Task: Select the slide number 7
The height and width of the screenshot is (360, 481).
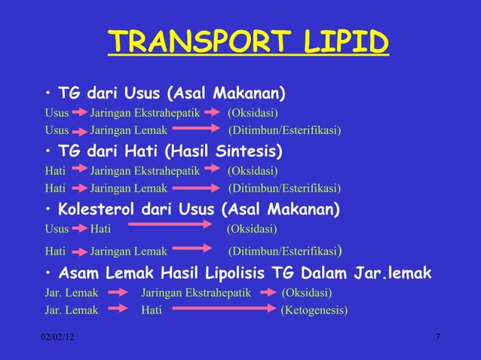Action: point(438,334)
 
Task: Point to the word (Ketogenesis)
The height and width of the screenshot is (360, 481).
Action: point(314,309)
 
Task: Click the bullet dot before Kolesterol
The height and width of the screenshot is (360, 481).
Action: point(47,209)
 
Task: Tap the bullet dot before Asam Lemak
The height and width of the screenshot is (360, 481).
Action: point(47,272)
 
